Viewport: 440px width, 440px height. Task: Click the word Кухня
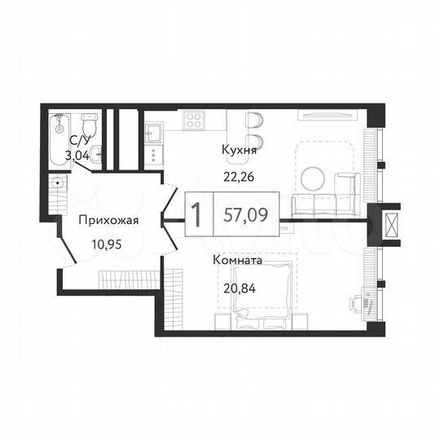pyautogui.click(x=240, y=150)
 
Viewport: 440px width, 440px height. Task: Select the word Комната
pyautogui.click(x=236, y=261)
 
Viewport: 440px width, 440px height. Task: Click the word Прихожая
pyautogui.click(x=108, y=220)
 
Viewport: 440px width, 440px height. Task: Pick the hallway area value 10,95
pyautogui.click(x=108, y=242)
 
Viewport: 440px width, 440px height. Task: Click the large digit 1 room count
pyautogui.click(x=197, y=213)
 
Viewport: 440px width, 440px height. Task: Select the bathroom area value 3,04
pyautogui.click(x=76, y=154)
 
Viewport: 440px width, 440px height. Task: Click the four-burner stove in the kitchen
pyautogui.click(x=194, y=121)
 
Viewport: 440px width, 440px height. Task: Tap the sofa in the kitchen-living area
pyautogui.click(x=324, y=203)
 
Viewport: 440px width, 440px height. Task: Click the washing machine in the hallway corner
pyautogui.click(x=59, y=183)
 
